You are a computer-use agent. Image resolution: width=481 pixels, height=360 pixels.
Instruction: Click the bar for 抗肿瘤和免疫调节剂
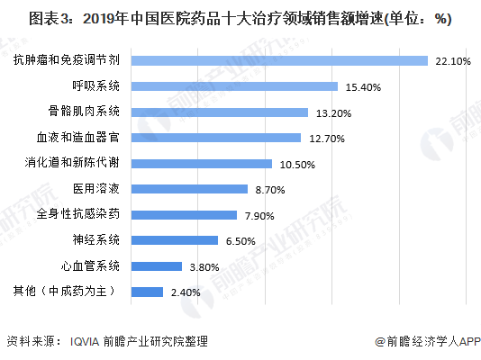tap(279, 60)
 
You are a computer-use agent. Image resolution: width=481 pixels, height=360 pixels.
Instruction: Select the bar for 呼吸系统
tap(235, 86)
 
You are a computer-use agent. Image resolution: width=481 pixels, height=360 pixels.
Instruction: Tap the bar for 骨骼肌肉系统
tap(219, 112)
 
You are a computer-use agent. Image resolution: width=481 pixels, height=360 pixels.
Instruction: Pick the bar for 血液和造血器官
tap(216, 138)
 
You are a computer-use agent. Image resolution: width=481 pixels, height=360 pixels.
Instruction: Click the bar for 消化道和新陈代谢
tap(202, 164)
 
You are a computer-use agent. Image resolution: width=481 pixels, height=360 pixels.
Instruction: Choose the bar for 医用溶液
tap(189, 189)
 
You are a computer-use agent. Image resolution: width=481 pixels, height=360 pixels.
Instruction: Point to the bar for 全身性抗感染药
tap(184, 215)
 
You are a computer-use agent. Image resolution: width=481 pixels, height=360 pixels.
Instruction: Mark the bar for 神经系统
tap(175, 240)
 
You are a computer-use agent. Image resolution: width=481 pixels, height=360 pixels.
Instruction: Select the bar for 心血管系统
tap(157, 266)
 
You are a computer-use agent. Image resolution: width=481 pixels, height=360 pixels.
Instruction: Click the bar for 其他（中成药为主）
tap(147, 292)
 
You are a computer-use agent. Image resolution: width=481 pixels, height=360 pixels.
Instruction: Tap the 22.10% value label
tap(452, 61)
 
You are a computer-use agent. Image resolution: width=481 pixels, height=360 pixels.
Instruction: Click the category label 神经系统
tap(97, 240)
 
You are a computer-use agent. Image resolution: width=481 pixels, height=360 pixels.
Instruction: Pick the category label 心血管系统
tap(90, 266)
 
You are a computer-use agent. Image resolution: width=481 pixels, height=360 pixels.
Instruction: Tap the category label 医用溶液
tap(97, 189)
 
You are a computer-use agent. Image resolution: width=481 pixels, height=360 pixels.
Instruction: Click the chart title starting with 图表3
tap(240, 18)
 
